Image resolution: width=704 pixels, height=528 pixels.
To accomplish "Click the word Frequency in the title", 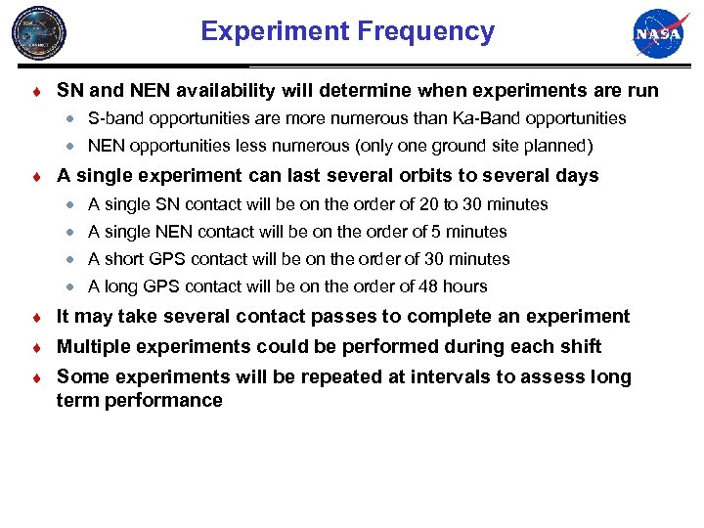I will point(426,31).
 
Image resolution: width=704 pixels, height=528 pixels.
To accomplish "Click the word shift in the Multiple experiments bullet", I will point(579,347).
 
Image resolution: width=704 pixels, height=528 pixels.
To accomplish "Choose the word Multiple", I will point(93,347).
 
